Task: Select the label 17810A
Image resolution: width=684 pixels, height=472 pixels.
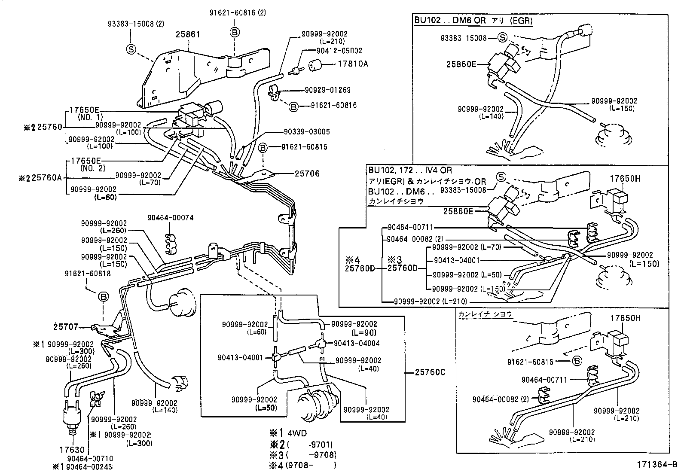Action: (x=353, y=64)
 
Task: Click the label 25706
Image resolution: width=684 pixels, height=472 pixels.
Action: (x=307, y=174)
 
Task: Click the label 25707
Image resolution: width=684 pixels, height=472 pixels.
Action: (x=66, y=327)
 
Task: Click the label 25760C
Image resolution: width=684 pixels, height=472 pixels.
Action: (x=430, y=372)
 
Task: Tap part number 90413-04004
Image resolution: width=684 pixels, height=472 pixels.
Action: (x=357, y=343)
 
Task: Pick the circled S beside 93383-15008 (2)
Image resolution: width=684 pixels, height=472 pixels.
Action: (x=131, y=49)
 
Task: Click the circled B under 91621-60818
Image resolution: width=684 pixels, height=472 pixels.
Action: (x=104, y=297)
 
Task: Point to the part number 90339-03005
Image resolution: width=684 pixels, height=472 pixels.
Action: (x=307, y=132)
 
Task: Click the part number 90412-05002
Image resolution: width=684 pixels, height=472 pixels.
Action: (x=339, y=51)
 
